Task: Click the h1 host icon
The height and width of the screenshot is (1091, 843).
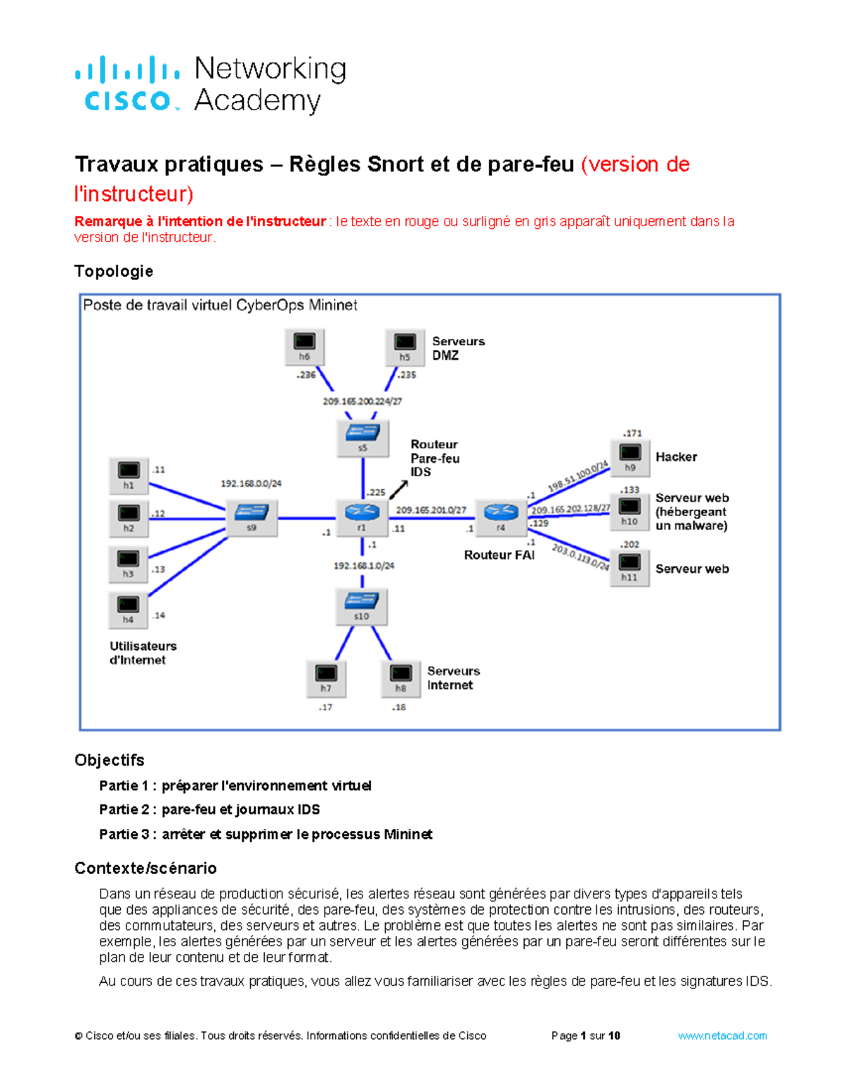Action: click(x=129, y=476)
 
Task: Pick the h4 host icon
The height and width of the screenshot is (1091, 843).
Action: click(x=128, y=610)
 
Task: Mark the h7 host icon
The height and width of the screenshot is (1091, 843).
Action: click(x=326, y=679)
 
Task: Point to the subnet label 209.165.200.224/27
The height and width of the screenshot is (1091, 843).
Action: click(x=362, y=401)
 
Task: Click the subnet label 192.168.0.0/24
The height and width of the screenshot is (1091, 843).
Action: click(x=251, y=483)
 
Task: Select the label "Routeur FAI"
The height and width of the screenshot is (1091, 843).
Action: click(x=499, y=555)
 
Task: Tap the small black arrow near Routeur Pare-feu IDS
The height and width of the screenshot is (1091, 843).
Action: click(x=399, y=490)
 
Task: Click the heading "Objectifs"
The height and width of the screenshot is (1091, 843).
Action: click(x=110, y=760)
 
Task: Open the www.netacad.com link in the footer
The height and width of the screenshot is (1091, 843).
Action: click(x=722, y=1036)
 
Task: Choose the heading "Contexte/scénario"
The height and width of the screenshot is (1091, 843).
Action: click(x=145, y=868)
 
